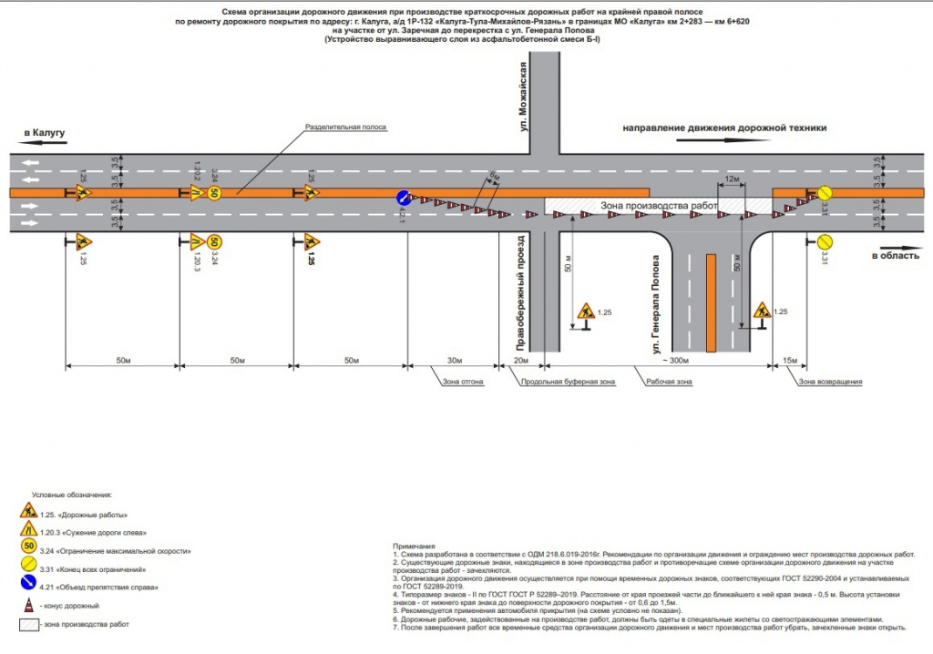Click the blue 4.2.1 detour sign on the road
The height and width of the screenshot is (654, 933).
pyautogui.click(x=403, y=198)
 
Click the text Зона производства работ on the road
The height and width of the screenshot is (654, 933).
pyautogui.click(x=653, y=208)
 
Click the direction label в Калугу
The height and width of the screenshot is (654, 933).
pyautogui.click(x=46, y=133)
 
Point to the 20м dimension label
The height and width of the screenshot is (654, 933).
pyautogui.click(x=520, y=362)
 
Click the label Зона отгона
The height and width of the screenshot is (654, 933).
pyautogui.click(x=460, y=382)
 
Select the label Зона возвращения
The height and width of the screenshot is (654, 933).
pyautogui.click(x=830, y=382)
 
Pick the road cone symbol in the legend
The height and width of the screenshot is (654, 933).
pyautogui.click(x=28, y=605)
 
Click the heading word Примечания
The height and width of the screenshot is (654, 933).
pyautogui.click(x=407, y=546)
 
